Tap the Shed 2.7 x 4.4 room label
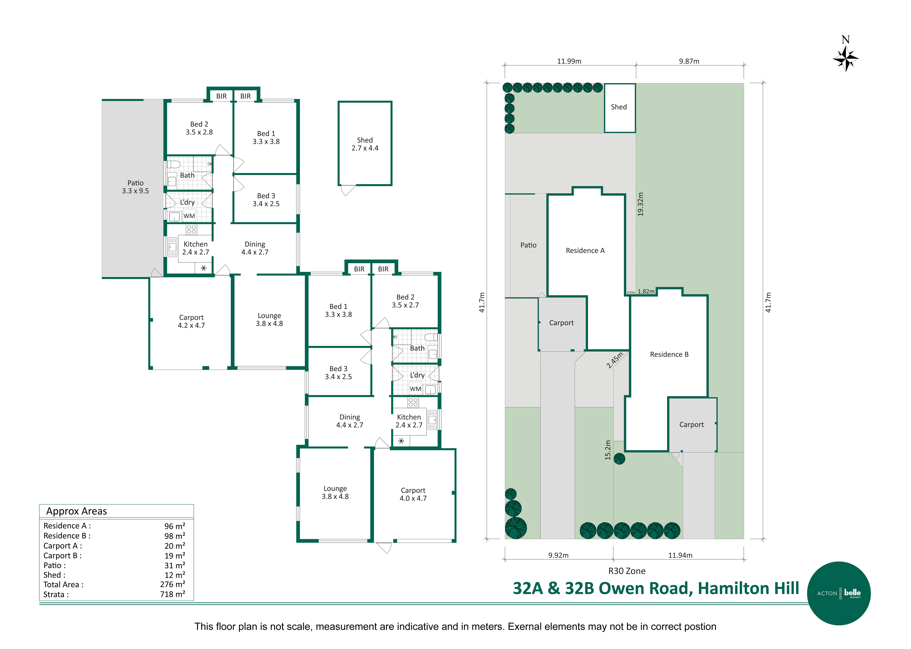[x=365, y=144]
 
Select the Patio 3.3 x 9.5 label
[x=135, y=187]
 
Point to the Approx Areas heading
[x=77, y=511]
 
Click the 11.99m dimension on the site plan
[x=569, y=61]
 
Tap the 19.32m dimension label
[x=641, y=204]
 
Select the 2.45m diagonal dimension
[x=615, y=360]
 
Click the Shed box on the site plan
[x=619, y=108]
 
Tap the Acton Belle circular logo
[x=839, y=593]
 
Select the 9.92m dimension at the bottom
[x=558, y=555]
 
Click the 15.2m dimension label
[x=608, y=450]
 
